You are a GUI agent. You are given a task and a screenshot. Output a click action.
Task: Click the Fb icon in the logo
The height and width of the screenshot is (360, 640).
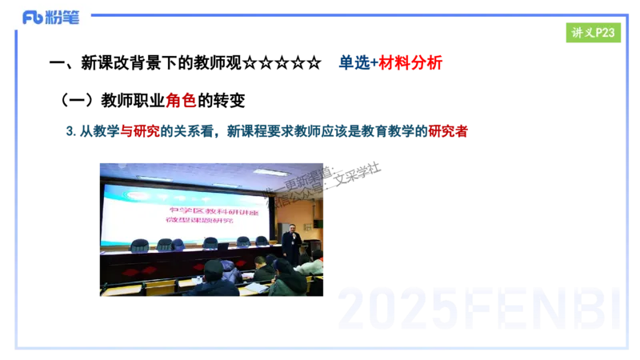click(32, 18)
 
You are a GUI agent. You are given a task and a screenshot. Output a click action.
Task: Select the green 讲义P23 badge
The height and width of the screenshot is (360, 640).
click(593, 32)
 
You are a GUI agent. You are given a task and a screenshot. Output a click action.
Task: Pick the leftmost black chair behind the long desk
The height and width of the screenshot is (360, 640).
click(139, 245)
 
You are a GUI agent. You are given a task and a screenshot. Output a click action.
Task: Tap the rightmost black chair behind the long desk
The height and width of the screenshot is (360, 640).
click(262, 241)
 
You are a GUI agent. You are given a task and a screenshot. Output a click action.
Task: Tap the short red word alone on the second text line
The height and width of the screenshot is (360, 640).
click(181, 100)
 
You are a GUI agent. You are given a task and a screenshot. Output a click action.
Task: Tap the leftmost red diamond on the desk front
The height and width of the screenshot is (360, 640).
click(129, 271)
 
